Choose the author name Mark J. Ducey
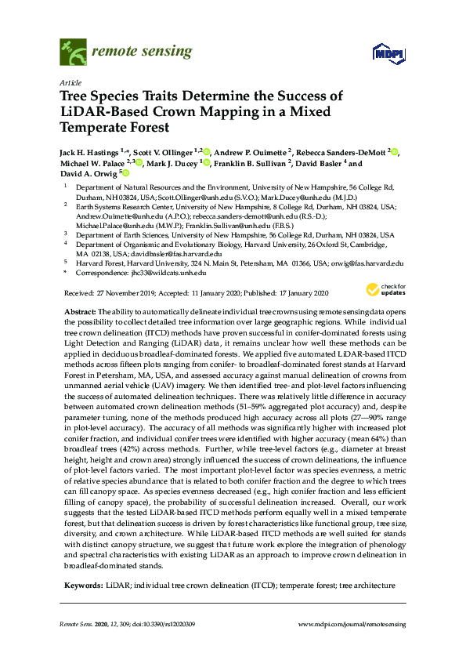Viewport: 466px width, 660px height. coord(177,163)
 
